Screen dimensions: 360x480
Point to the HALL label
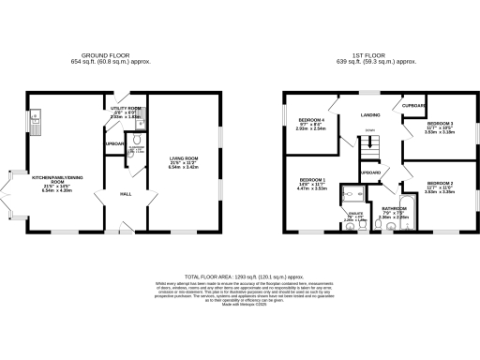[124, 194]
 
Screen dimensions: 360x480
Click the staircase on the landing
[370, 144]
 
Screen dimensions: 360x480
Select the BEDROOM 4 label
[311, 121]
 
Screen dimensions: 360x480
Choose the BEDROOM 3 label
[440, 124]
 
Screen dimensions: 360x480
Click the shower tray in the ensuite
[352, 194]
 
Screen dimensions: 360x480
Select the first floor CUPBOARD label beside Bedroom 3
[412, 105]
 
